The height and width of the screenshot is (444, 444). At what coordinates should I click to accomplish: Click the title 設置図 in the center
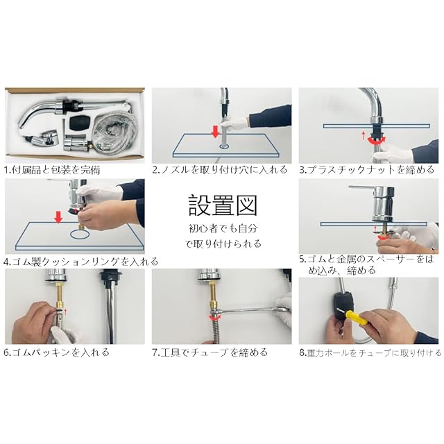point(223,205)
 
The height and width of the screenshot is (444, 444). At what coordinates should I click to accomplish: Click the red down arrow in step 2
point(216,133)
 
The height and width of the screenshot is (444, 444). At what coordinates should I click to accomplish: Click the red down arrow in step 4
point(58,217)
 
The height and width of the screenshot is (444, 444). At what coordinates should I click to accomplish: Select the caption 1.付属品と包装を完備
point(52,170)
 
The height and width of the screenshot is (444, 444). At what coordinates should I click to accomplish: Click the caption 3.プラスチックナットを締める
point(367,169)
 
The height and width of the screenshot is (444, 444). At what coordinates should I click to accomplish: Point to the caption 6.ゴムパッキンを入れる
point(57,352)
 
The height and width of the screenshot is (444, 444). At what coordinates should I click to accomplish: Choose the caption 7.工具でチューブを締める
point(210,352)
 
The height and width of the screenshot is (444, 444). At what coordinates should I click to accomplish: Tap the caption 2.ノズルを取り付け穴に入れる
point(220,169)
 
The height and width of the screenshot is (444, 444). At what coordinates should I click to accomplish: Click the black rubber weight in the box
point(80,122)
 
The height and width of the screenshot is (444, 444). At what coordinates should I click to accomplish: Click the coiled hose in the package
point(117,126)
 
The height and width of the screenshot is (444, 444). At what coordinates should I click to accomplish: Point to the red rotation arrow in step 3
point(376,140)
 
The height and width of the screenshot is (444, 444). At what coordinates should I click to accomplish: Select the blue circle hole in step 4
point(80,234)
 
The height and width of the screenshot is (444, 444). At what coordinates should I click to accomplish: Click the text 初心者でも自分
point(223,228)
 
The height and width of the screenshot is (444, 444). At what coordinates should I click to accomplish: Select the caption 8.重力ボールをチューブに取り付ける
point(370,353)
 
